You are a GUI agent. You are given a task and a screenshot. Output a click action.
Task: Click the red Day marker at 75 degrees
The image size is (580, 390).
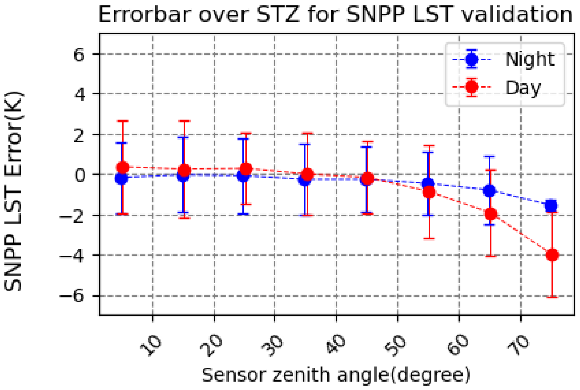point(552,255)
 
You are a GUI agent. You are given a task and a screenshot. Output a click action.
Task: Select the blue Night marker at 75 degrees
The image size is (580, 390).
point(551,206)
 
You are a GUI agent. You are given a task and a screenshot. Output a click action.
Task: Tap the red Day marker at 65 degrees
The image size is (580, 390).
point(491,214)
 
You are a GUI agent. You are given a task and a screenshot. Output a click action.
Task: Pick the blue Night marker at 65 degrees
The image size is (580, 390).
point(489,191)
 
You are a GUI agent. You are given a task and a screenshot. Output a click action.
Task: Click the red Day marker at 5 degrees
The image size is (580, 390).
point(123,167)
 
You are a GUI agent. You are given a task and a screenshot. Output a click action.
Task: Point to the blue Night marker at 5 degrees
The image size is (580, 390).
point(121,178)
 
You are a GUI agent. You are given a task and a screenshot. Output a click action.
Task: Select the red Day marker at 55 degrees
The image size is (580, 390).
point(429,192)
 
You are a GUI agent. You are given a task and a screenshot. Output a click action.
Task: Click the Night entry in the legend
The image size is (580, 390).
point(529,59)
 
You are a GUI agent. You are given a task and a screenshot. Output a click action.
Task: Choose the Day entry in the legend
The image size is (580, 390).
point(523,88)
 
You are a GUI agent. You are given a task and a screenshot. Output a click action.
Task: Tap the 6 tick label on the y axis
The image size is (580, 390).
point(79,54)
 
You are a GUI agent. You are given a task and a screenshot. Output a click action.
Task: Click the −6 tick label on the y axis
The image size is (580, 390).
point(72,296)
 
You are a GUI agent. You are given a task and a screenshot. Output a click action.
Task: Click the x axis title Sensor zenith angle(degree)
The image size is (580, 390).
point(336,375)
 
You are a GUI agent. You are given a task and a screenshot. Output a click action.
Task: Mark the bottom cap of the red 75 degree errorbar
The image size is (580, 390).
point(552,297)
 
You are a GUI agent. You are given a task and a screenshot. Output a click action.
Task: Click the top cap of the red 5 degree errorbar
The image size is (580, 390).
point(123,121)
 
